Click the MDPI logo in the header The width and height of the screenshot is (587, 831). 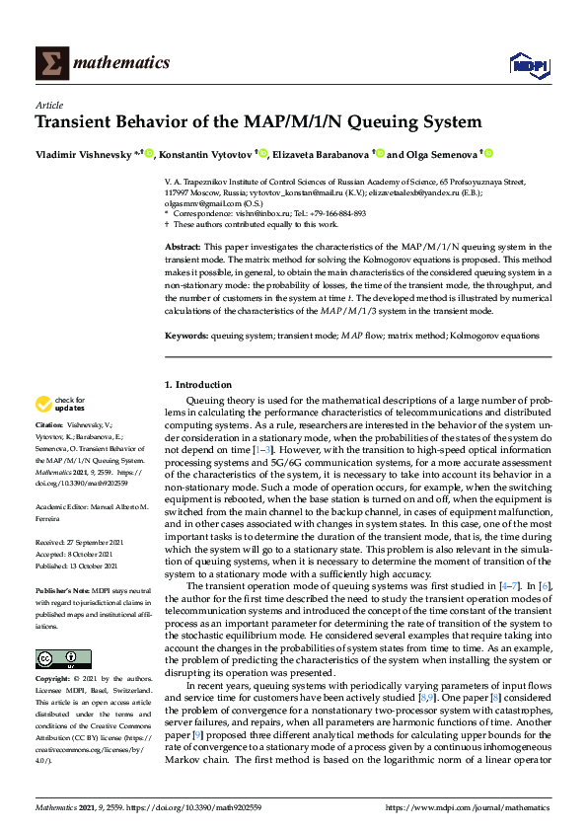528,64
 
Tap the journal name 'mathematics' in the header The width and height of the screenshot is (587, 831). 121,63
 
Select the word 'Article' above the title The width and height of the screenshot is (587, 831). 49,105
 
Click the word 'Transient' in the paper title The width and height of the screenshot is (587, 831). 80,123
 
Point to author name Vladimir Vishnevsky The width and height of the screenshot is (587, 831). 84,154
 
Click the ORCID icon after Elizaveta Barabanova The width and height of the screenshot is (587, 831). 378,153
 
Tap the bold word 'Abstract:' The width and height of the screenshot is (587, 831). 183,246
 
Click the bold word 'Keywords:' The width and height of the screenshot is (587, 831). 186,337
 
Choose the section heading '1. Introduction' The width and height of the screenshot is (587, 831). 198,384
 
